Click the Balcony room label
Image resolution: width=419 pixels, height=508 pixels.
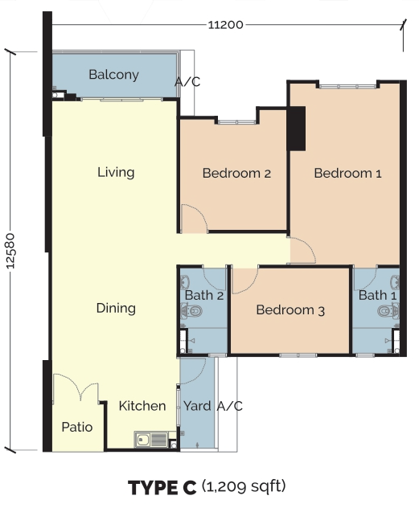point(113,76)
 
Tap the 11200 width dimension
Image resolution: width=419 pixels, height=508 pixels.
point(225,25)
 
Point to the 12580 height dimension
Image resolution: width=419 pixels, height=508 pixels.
point(10,251)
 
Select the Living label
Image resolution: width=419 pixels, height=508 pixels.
point(116,172)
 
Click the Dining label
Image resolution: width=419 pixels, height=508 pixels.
point(116,308)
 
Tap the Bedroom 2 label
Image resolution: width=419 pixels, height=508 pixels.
point(236,173)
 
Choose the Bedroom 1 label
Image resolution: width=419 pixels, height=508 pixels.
point(347,173)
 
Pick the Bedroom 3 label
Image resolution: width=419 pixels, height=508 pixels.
point(290,310)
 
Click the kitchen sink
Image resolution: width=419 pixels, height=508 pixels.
point(151,440)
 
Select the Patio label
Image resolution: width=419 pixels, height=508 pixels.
point(77,427)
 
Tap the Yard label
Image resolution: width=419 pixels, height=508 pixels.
point(197,406)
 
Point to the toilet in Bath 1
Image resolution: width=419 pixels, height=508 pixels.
point(388,311)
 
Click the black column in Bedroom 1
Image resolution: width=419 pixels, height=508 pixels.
point(297,129)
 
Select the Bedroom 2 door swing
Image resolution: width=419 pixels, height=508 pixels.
point(195,219)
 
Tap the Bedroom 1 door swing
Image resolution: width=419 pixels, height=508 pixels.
point(303,250)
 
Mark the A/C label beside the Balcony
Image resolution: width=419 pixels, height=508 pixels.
point(187,82)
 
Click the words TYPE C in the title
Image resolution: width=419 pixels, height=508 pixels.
point(162,488)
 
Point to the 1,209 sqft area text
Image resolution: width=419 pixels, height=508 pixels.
point(244,486)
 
